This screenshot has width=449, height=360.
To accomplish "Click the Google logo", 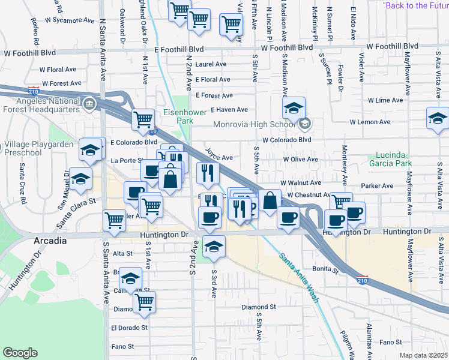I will [20, 353].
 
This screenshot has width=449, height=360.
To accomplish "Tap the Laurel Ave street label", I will [211, 64].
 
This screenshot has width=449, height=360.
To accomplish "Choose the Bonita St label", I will [326, 269].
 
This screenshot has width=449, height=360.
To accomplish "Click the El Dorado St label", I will [129, 328].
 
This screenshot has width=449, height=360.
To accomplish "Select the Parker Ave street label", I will [377, 186].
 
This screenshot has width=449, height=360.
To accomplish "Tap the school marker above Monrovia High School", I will [294, 109].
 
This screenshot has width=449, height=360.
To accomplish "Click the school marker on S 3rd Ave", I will [214, 246].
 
